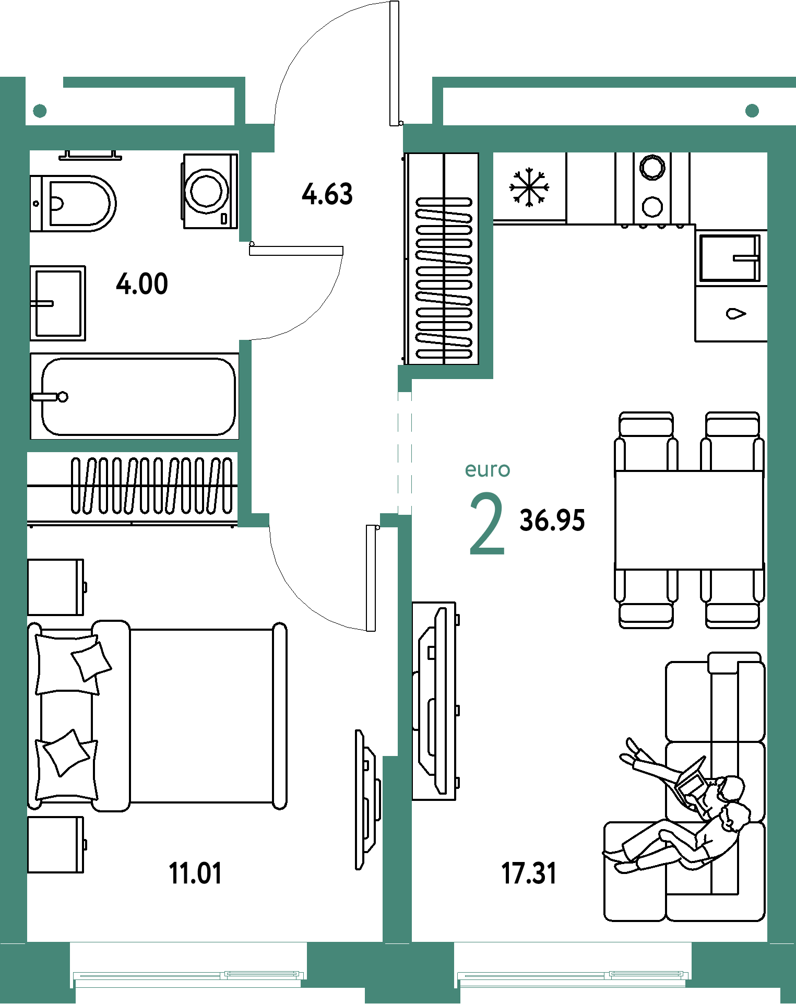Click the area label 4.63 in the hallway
click(x=327, y=194)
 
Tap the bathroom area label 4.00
click(x=142, y=284)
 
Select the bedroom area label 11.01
click(x=195, y=873)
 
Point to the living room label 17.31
click(x=529, y=873)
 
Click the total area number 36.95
click(x=552, y=521)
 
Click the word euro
click(x=488, y=469)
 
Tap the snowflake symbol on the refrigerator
click(x=529, y=187)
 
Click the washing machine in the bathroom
click(x=210, y=191)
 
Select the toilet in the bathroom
click(x=73, y=203)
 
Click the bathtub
click(x=135, y=396)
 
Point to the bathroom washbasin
click(x=57, y=303)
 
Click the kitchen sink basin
click(x=730, y=258)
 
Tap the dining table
click(x=689, y=519)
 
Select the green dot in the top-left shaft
click(x=40, y=111)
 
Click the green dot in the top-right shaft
click(x=752, y=111)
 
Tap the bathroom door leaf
click(x=296, y=251)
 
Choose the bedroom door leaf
click(x=371, y=578)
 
